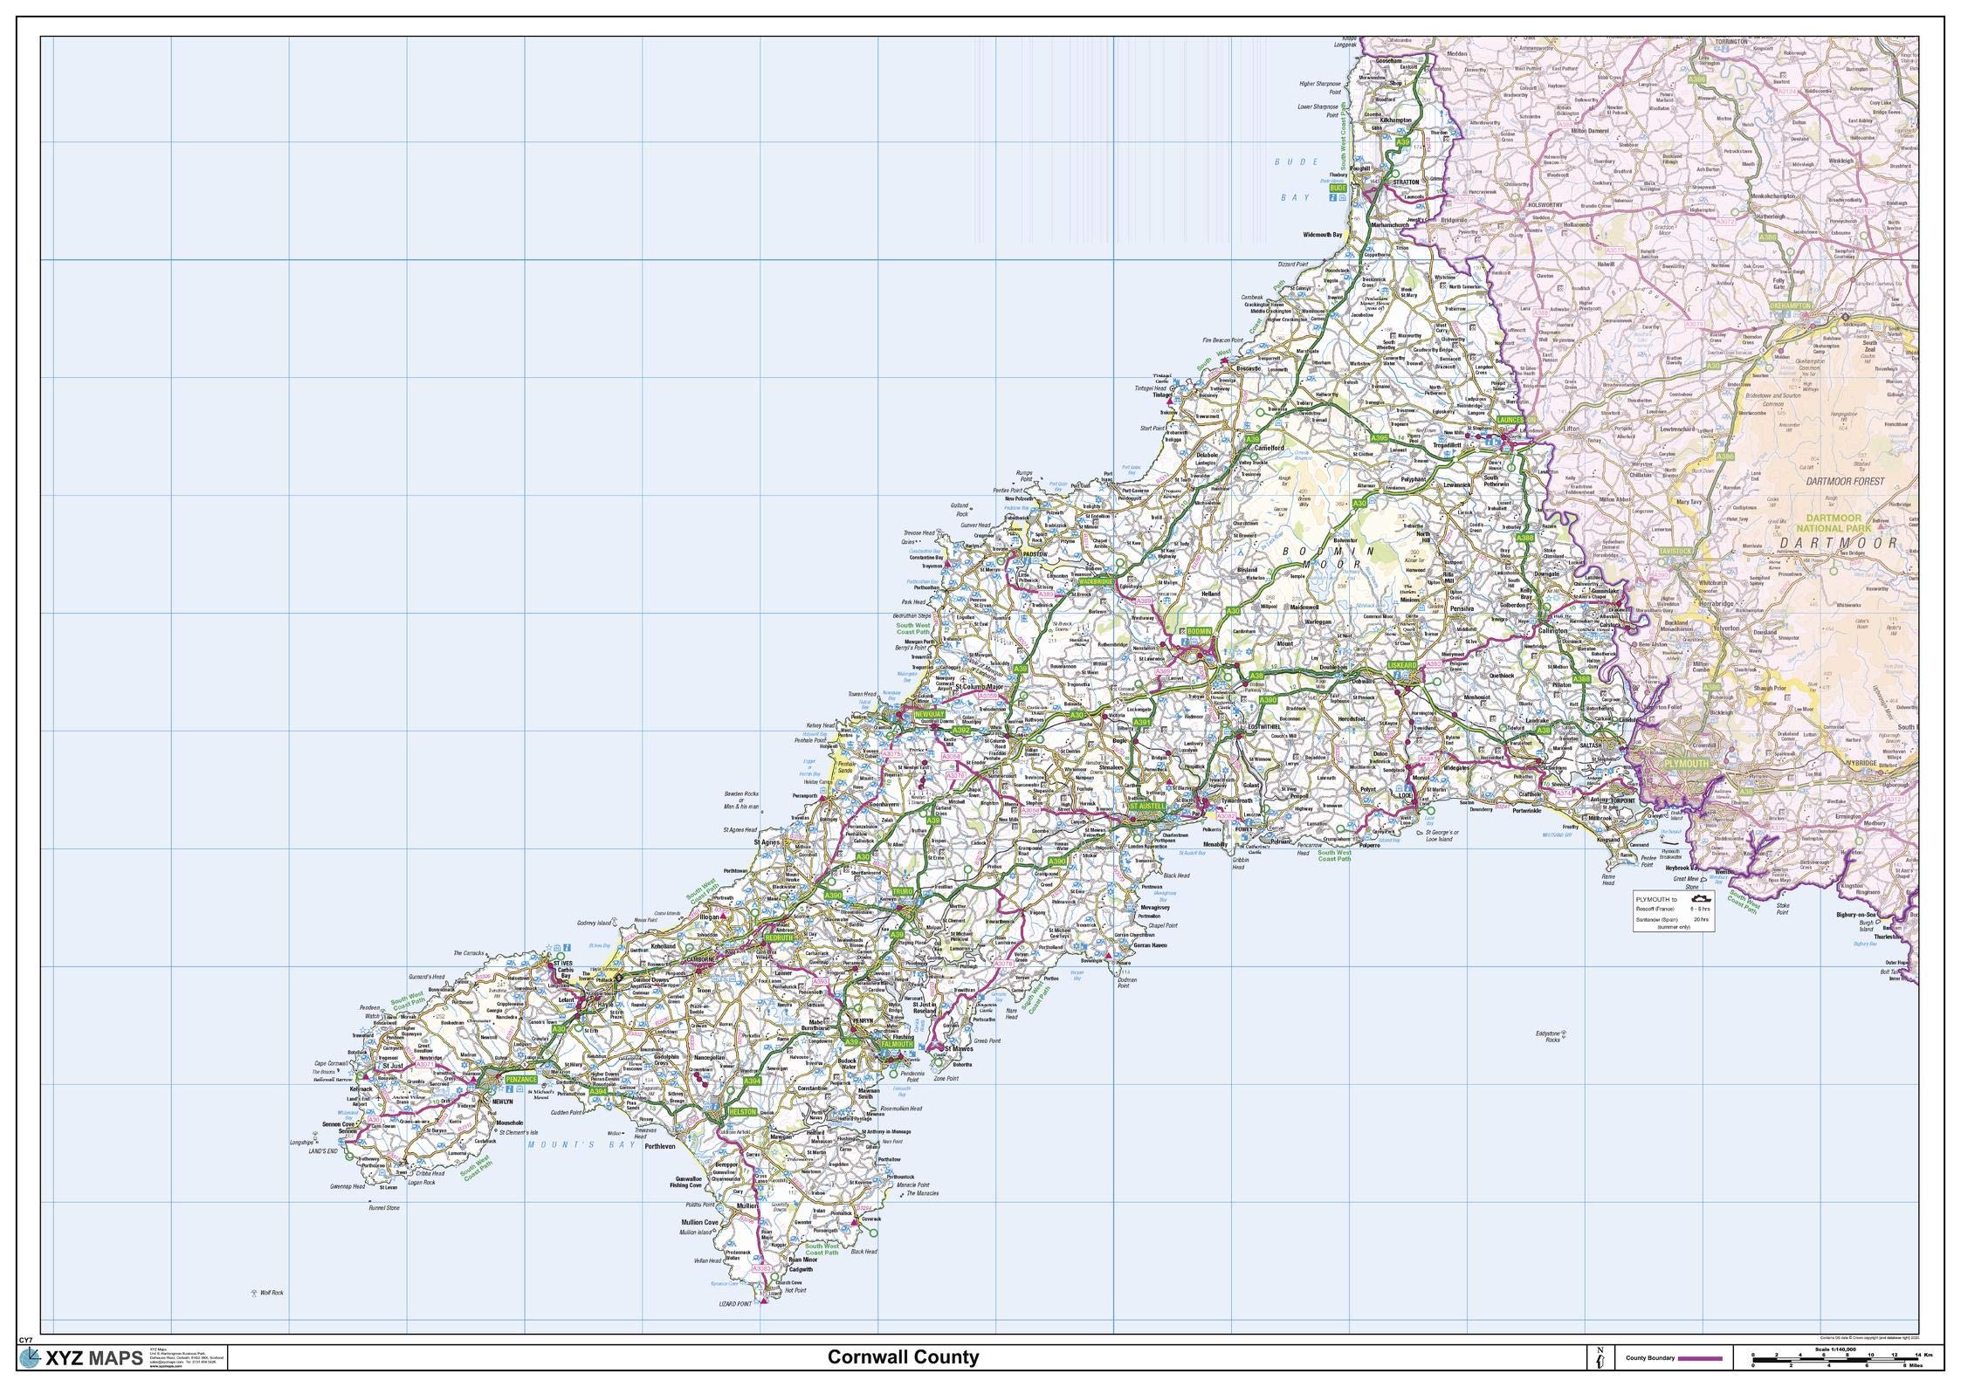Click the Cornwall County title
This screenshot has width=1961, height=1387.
tap(903, 1357)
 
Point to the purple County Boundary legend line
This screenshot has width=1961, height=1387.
tap(1698, 1358)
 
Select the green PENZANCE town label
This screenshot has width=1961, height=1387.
tap(520, 1080)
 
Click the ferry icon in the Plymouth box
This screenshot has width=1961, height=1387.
tap(1697, 896)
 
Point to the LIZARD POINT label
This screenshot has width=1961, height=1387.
tap(732, 1328)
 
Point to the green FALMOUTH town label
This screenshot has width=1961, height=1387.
tap(896, 1044)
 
